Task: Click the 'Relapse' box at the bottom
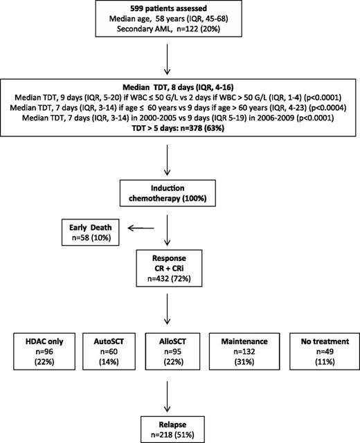pyautogui.click(x=183, y=423)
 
